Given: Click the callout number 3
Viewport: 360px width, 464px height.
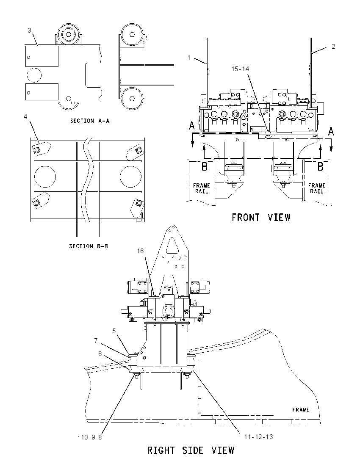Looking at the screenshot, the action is click(x=29, y=30).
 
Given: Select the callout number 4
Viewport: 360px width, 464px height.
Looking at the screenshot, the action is click(x=25, y=117).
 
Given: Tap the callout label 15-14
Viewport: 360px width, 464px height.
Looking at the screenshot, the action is click(x=241, y=69).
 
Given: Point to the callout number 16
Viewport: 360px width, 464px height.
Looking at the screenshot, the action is click(x=140, y=251).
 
